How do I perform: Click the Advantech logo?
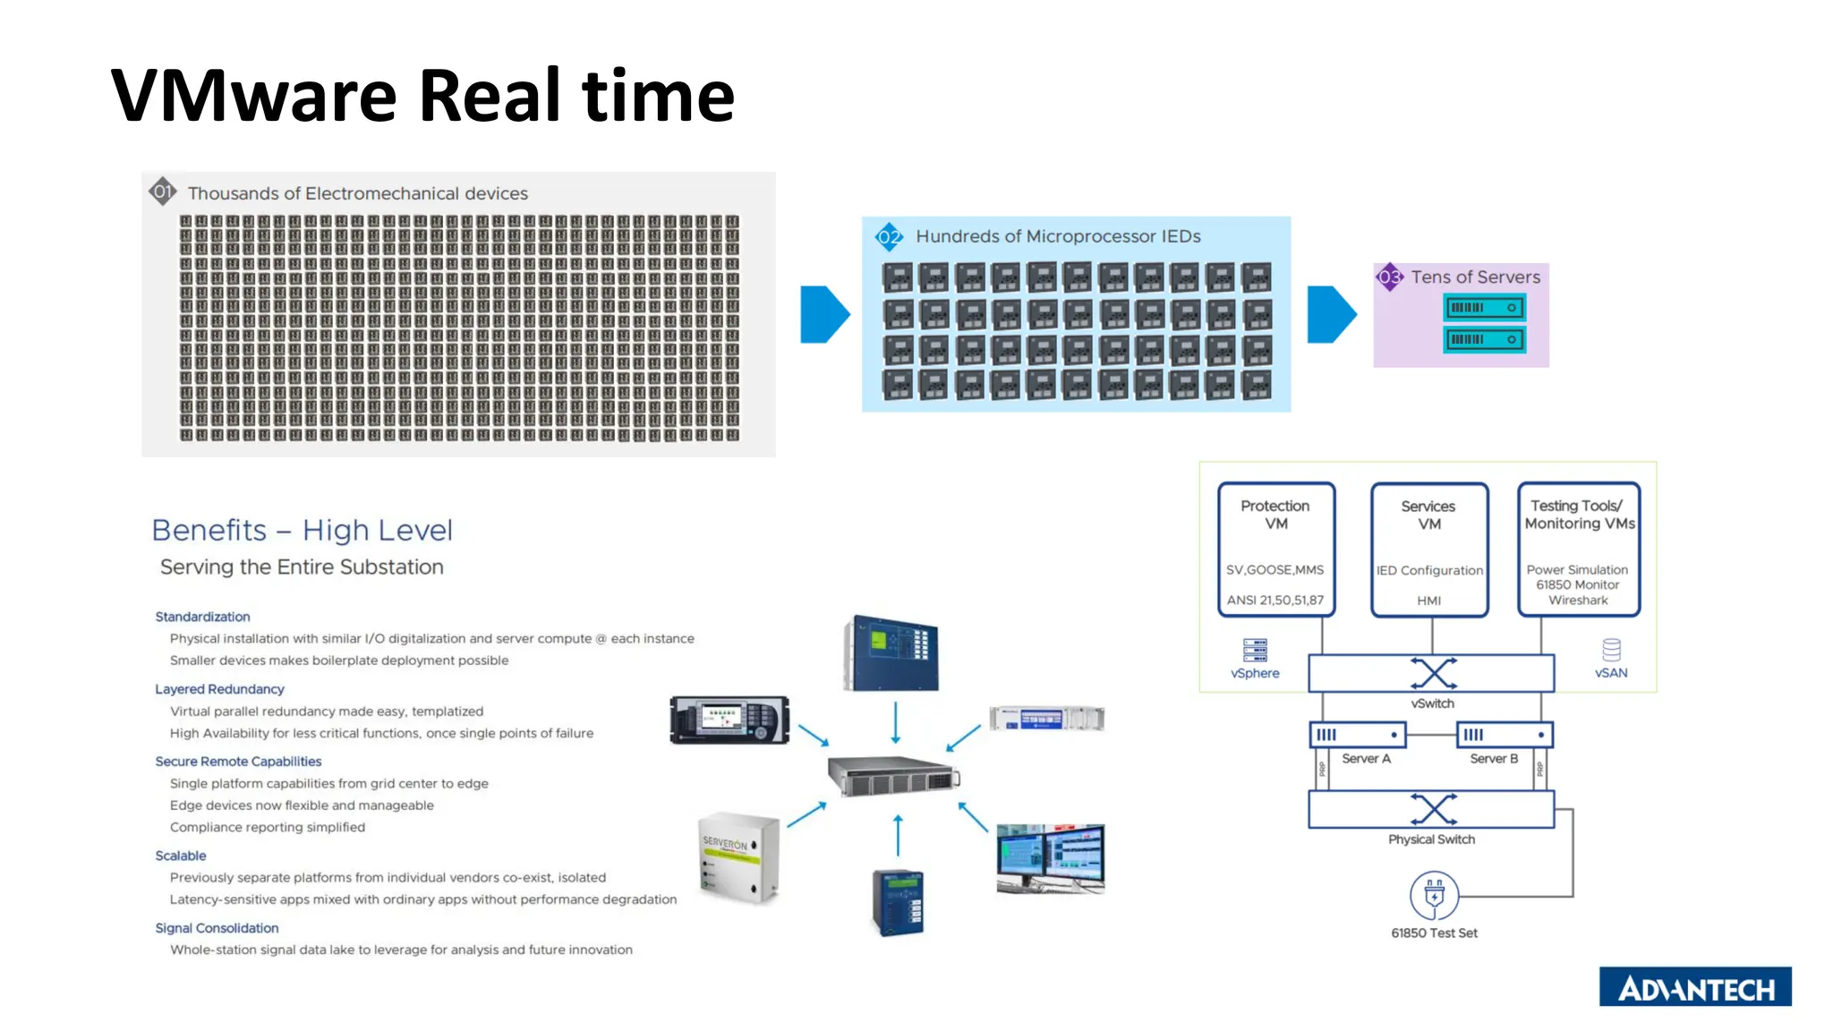(x=1694, y=986)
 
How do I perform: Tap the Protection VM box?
(x=1275, y=550)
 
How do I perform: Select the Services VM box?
(x=1428, y=550)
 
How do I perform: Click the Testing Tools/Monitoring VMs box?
(x=1579, y=550)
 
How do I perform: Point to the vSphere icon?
(x=1255, y=650)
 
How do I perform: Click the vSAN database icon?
(x=1611, y=650)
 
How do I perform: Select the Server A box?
(x=1357, y=735)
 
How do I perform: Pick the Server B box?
(x=1504, y=735)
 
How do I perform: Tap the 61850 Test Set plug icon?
(x=1434, y=895)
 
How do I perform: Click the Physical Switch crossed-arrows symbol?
(x=1433, y=809)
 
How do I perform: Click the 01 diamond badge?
(x=162, y=191)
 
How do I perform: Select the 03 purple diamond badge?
(x=1389, y=277)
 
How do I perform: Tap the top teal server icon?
(x=1484, y=308)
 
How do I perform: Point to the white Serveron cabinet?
(x=738, y=856)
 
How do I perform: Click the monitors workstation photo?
(x=1050, y=858)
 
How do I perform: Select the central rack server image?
(x=892, y=775)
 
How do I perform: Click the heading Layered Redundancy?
(x=219, y=689)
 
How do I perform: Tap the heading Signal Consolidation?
(x=217, y=928)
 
